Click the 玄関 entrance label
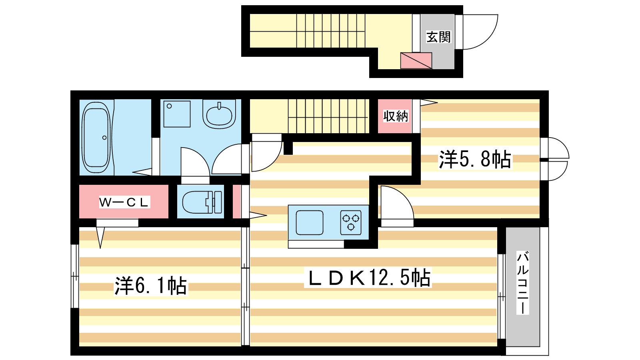click(x=438, y=37)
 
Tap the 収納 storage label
click(x=395, y=116)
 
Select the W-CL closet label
click(x=124, y=202)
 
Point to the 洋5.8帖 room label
click(x=475, y=159)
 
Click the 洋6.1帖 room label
click(x=151, y=286)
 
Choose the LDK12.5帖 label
click(x=368, y=278)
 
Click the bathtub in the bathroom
click(x=96, y=137)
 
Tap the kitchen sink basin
click(x=310, y=222)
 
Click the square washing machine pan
click(x=177, y=114)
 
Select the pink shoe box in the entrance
click(x=416, y=60)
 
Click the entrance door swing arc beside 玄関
click(x=478, y=32)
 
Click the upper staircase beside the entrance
click(x=330, y=31)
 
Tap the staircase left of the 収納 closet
click(x=328, y=116)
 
